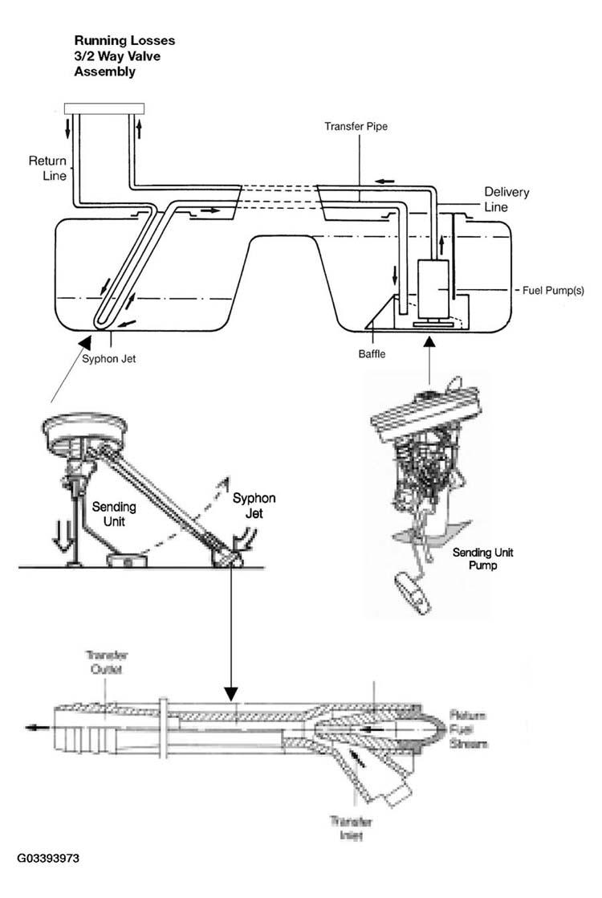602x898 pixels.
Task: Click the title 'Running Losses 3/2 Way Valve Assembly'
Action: (124, 55)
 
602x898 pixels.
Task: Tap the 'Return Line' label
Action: (47, 167)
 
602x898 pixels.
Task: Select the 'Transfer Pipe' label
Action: (356, 127)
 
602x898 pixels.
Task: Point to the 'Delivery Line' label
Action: (506, 199)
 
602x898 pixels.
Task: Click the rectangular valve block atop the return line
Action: (104, 108)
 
